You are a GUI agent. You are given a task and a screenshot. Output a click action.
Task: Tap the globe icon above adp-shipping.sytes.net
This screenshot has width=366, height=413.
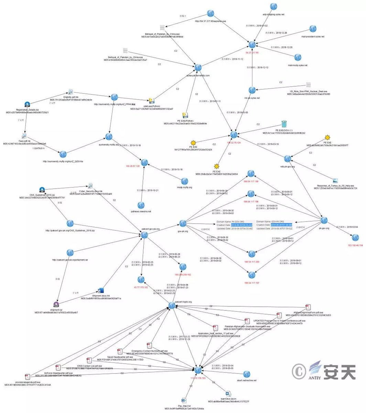point(273,6)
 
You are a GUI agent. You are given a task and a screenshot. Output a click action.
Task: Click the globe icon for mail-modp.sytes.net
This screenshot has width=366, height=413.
point(298,57)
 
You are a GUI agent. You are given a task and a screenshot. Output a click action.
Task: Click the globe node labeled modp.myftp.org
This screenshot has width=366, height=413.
point(185,181)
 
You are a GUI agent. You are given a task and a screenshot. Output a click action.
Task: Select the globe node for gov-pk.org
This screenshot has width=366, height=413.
point(183,223)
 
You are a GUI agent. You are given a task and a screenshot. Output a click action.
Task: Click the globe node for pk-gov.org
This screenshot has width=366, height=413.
point(323,220)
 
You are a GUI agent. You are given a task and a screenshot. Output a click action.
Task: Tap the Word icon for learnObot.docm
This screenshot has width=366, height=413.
point(228,393)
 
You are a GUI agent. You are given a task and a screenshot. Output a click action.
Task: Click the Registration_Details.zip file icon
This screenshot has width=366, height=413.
point(28,104)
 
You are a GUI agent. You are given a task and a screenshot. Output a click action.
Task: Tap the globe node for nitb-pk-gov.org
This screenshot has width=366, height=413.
point(288,158)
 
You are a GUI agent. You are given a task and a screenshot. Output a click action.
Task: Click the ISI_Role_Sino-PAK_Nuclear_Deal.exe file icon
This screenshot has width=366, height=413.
point(309,85)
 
